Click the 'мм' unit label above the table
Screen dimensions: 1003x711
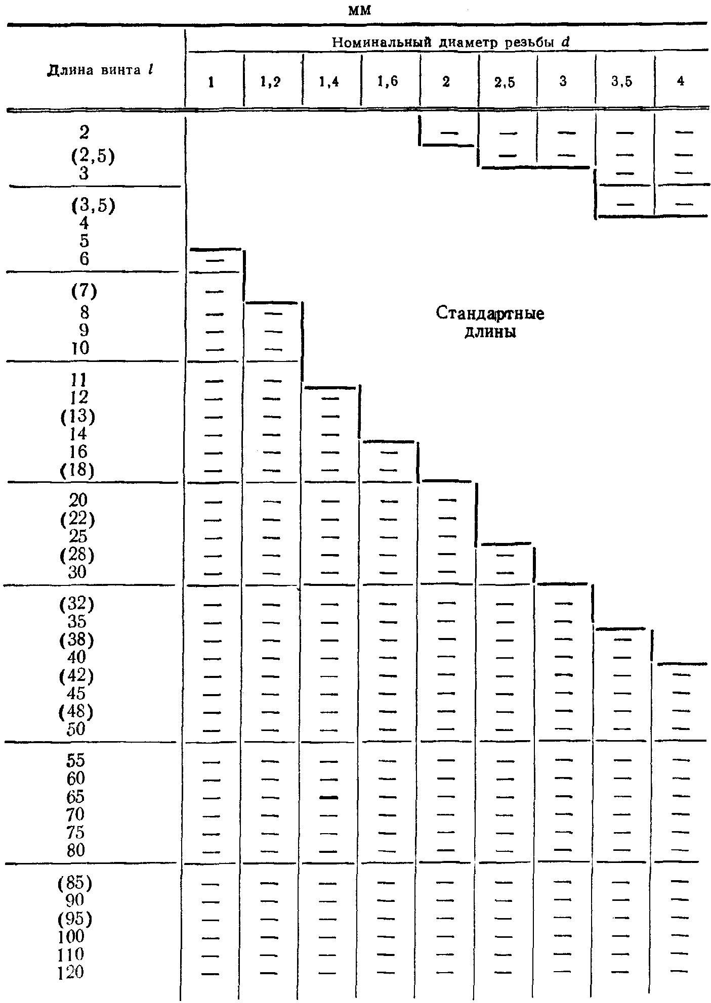[x=360, y=12]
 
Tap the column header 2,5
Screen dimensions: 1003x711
[x=505, y=82]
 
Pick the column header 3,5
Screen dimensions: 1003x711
[x=622, y=82]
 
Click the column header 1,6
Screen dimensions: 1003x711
[x=388, y=82]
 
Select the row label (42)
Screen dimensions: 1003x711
[x=76, y=675]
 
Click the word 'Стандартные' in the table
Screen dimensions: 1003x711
[x=490, y=314]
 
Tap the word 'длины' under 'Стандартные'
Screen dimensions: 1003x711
[x=490, y=333]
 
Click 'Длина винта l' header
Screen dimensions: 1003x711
[x=100, y=70]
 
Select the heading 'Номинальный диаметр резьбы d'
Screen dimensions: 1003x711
[x=450, y=42]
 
